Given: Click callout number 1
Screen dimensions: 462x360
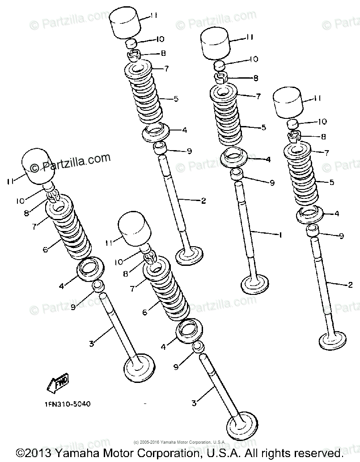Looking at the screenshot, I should [280, 234].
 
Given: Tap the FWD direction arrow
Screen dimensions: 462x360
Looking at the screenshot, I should [57, 382].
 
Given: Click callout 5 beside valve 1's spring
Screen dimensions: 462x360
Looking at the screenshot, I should [263, 128].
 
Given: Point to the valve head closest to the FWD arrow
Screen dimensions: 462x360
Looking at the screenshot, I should [137, 367].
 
